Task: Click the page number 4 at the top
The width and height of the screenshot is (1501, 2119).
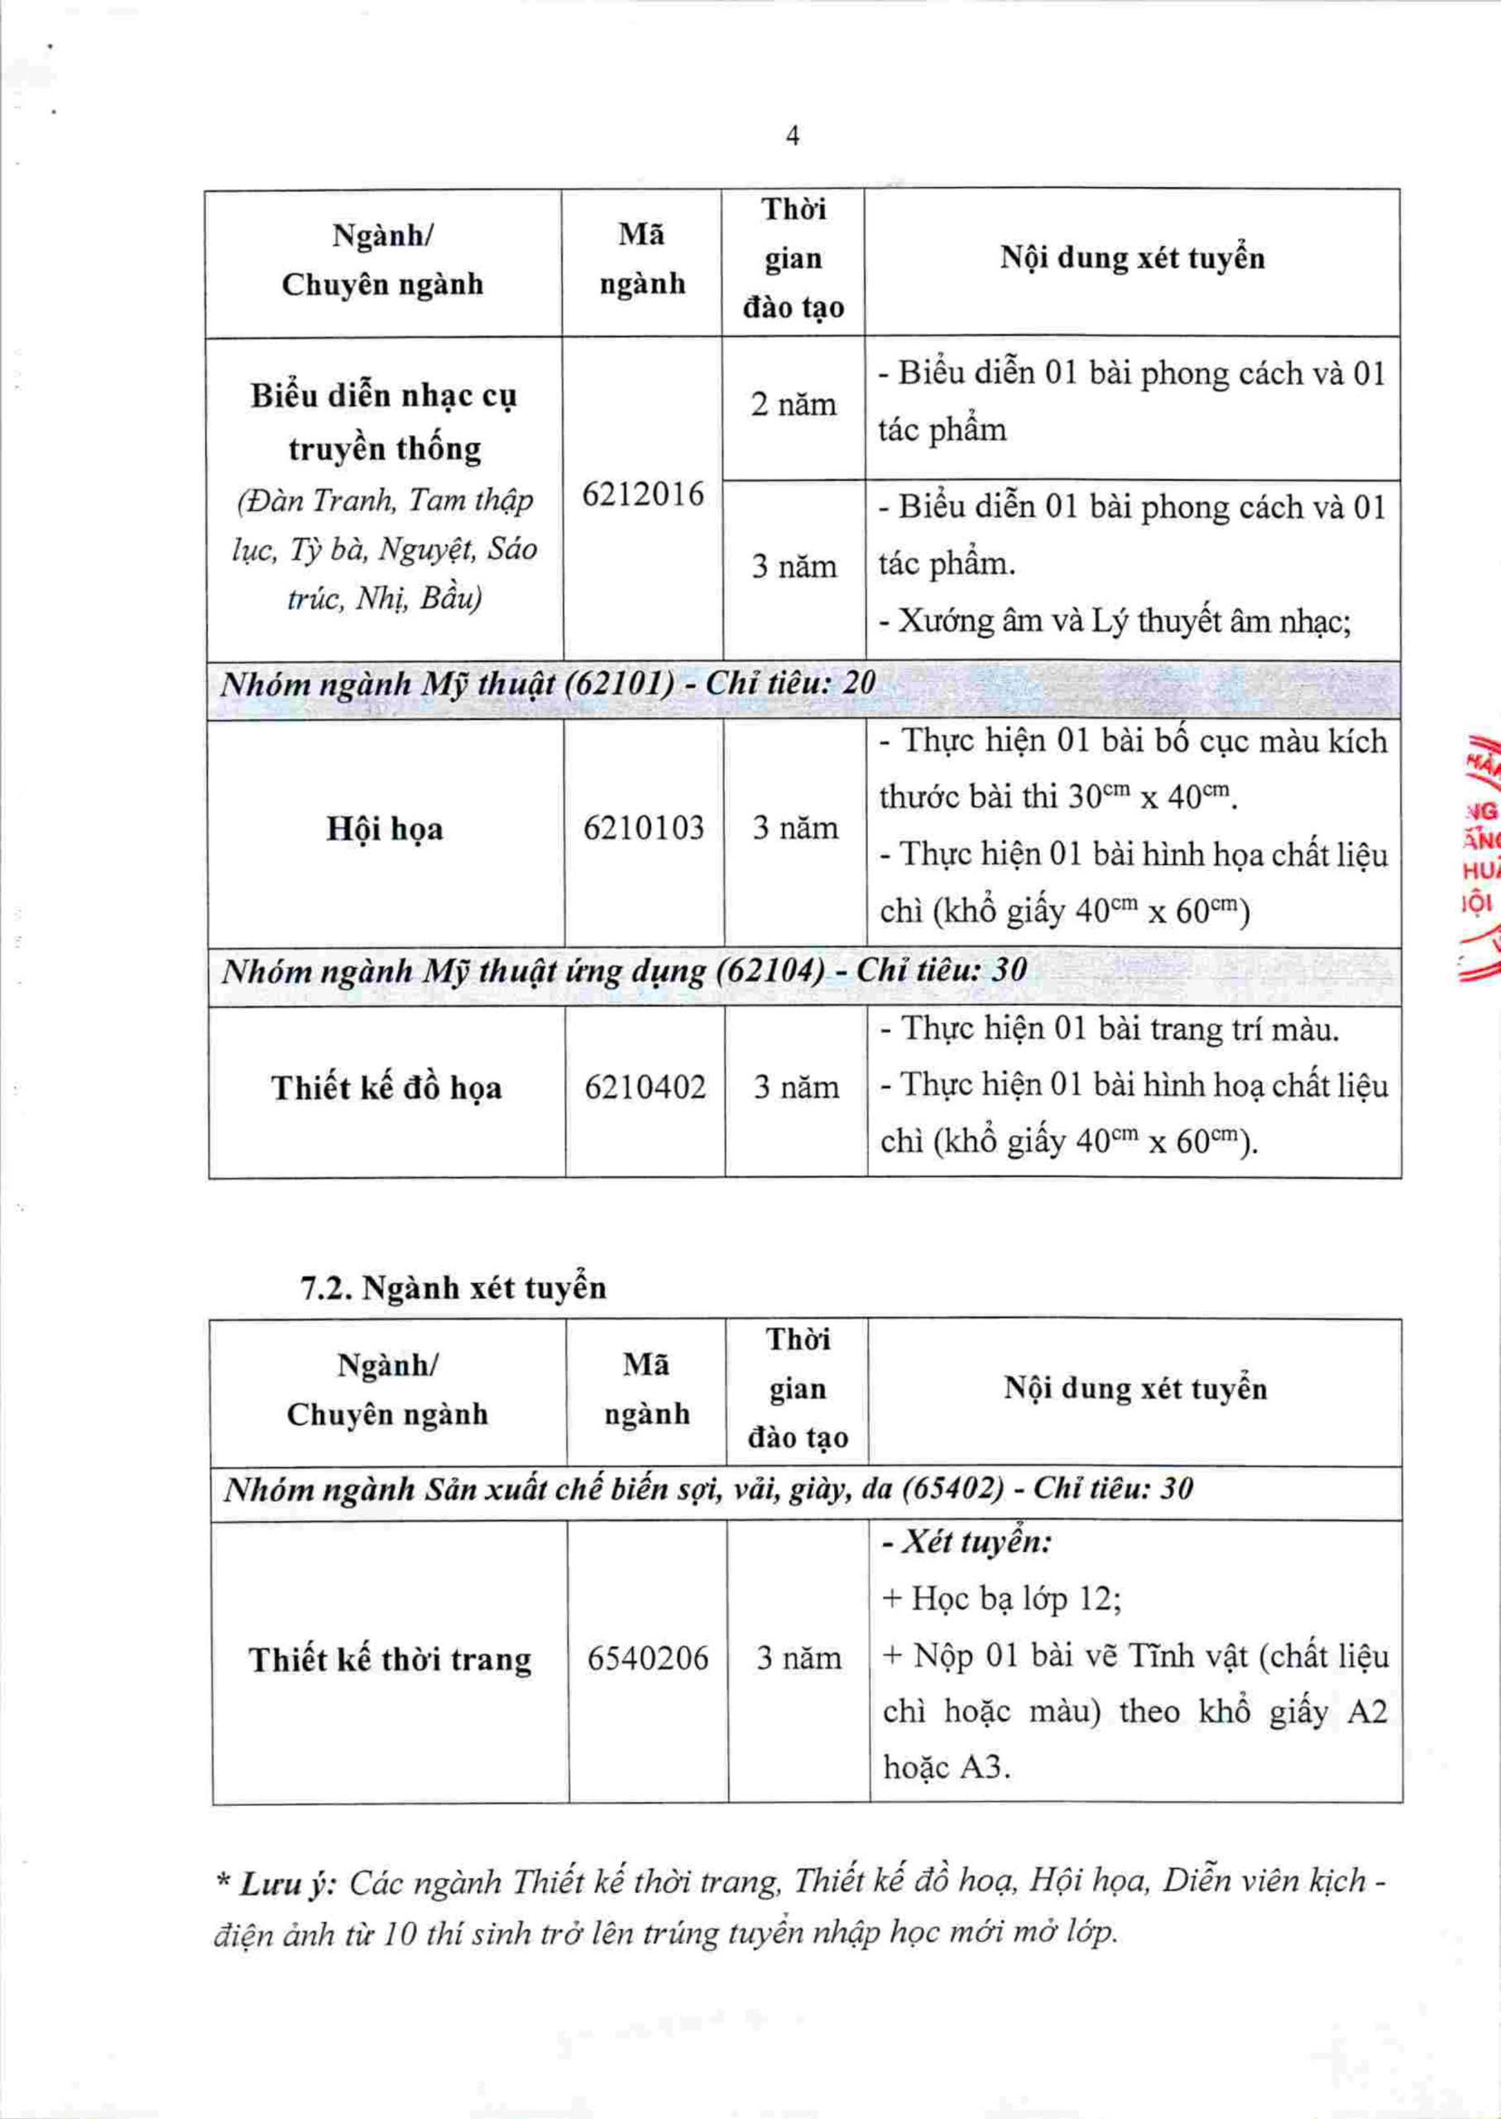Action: (x=792, y=137)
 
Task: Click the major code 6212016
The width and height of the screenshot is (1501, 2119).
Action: (x=642, y=496)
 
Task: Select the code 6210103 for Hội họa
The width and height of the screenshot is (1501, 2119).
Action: (x=643, y=828)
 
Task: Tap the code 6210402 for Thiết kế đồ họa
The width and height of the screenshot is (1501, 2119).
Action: (x=645, y=1088)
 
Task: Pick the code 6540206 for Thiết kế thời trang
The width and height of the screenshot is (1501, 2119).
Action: (x=647, y=1658)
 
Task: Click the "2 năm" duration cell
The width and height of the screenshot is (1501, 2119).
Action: (x=793, y=405)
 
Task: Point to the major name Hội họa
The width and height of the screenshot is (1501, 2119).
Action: (x=385, y=829)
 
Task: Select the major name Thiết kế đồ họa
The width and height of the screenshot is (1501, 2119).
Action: (x=386, y=1088)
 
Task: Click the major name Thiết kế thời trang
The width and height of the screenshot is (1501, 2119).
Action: (x=389, y=1660)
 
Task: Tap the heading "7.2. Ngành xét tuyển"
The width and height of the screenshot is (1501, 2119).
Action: (x=453, y=1287)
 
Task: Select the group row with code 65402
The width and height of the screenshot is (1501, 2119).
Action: (x=708, y=1487)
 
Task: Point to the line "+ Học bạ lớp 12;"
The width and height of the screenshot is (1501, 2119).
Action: (x=1002, y=1598)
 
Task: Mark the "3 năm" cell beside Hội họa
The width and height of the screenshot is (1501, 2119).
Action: (x=795, y=828)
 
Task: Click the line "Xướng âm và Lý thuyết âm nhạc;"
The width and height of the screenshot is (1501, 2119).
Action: (x=1115, y=622)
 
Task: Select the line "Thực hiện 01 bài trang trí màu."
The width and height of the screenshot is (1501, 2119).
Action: (x=1109, y=1029)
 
